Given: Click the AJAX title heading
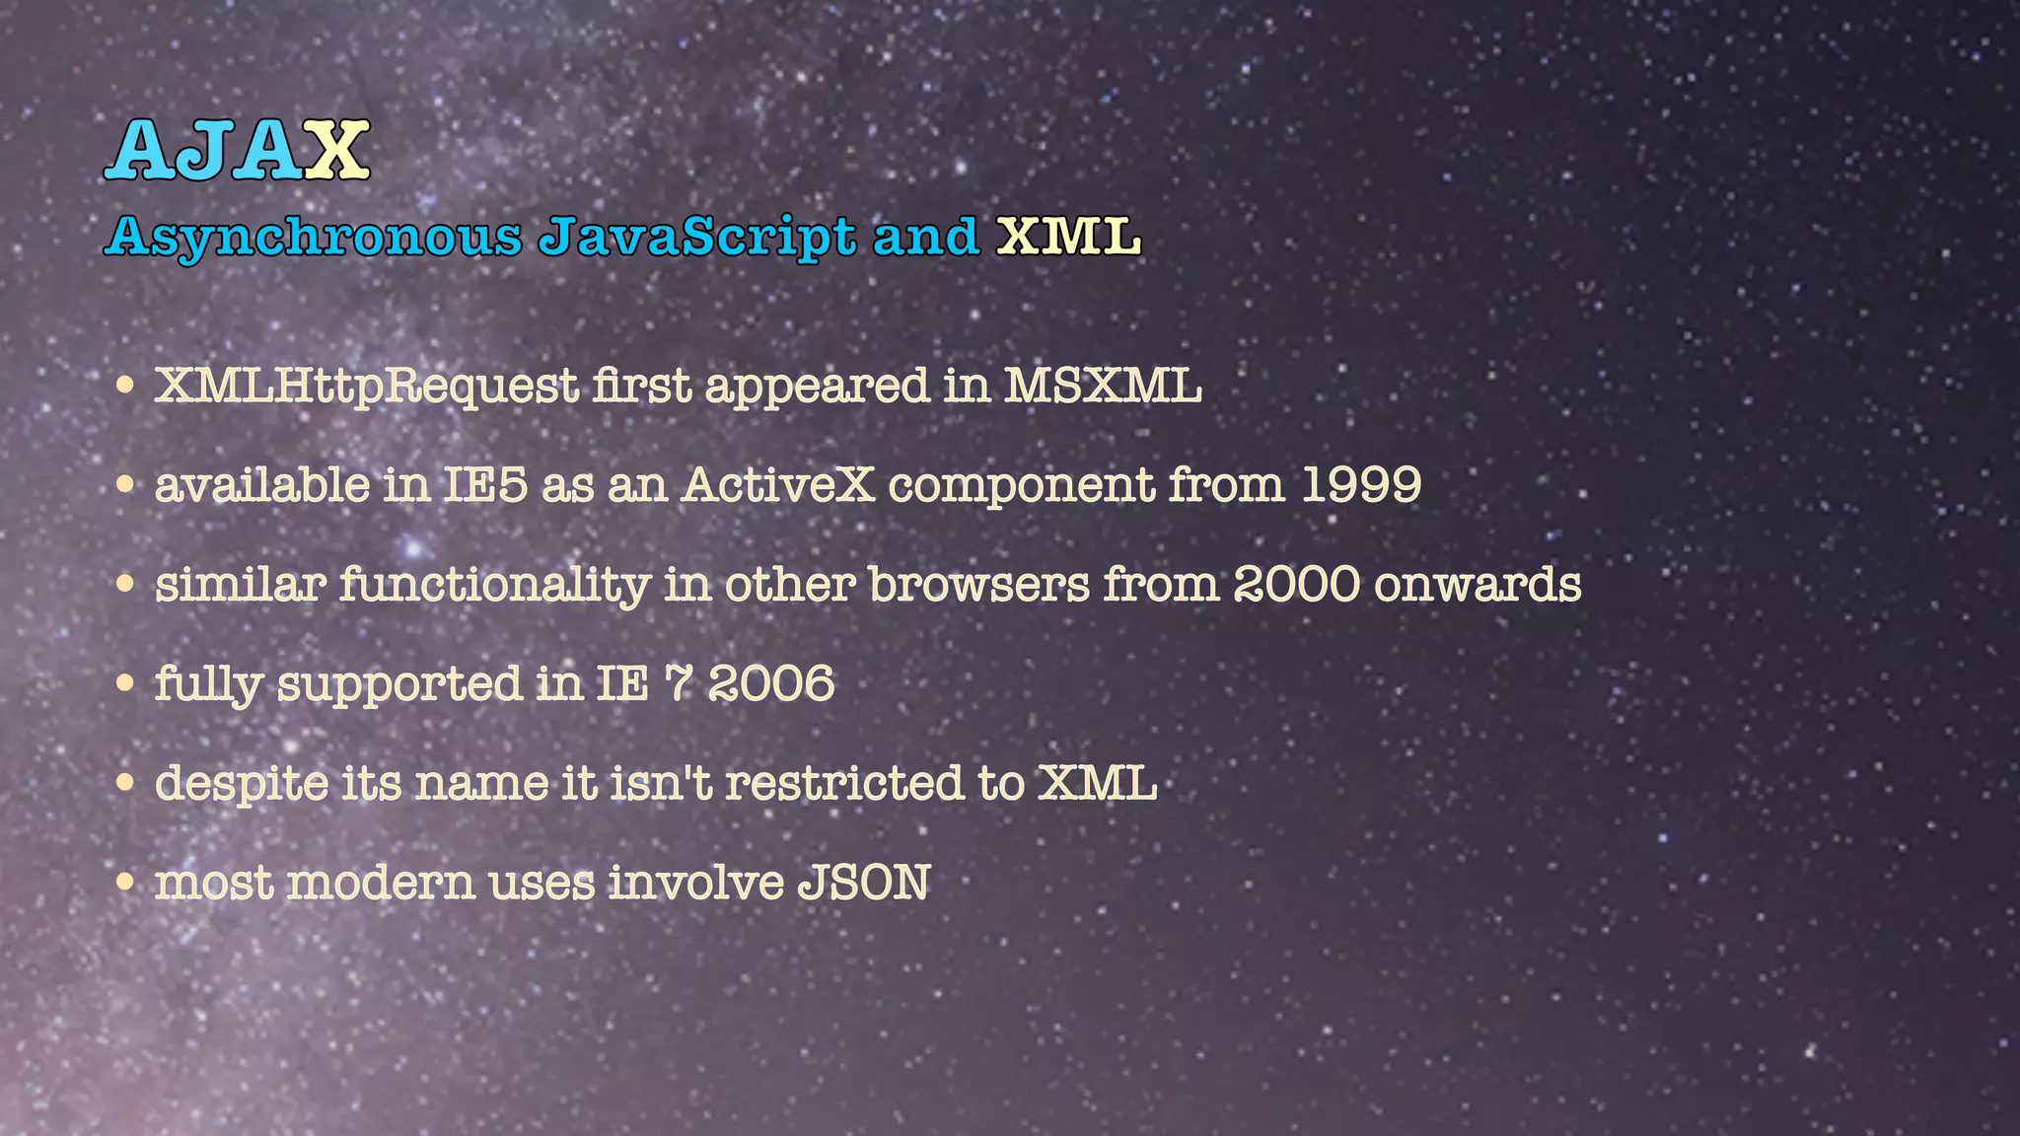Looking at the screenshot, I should point(237,150).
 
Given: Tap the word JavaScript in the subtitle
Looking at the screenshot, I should point(697,237).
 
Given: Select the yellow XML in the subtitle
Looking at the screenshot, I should point(1068,237).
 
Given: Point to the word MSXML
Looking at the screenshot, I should point(1103,386).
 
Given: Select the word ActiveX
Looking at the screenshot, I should point(778,485).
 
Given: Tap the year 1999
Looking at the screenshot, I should point(1361,485).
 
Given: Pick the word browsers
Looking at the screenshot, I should point(979,585).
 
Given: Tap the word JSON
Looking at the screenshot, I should point(863,883).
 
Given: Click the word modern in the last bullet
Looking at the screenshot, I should point(381,883).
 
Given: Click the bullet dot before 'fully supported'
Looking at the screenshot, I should point(125,683).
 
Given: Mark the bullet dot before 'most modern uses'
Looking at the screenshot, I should point(125,882).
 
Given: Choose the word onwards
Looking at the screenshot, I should point(1477,585).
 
